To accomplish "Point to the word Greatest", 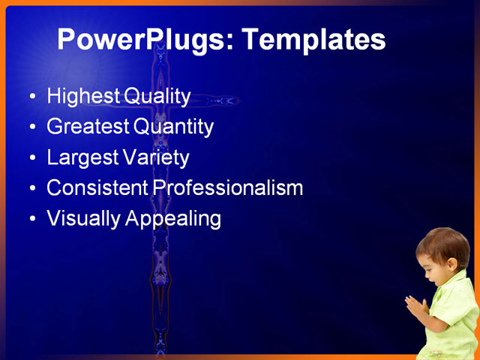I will click(x=87, y=127).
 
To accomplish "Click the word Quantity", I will click(x=174, y=127).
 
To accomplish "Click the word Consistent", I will click(x=97, y=187).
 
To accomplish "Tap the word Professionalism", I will click(x=228, y=187).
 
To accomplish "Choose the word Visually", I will click(x=82, y=218).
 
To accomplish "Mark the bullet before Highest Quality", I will click(x=31, y=97).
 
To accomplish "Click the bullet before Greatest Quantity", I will click(x=31, y=127).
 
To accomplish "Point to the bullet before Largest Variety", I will click(x=31, y=158).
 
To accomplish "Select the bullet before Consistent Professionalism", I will click(x=31, y=188).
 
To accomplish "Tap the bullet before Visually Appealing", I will click(x=31, y=219).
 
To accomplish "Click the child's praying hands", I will click(x=415, y=307).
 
